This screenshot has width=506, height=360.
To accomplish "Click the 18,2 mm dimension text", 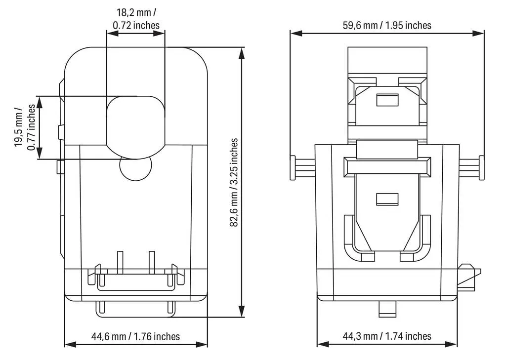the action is click(x=136, y=13).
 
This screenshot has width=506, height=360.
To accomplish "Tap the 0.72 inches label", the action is click(x=136, y=25).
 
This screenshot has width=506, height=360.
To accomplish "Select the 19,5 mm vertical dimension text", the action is click(x=18, y=127).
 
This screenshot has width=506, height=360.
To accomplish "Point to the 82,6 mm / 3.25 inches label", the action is click(x=234, y=183).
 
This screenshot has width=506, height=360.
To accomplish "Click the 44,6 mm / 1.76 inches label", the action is click(x=135, y=336).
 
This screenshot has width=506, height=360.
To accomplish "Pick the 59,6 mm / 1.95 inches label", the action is click(x=387, y=25).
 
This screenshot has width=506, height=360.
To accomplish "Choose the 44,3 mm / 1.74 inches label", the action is click(x=387, y=336).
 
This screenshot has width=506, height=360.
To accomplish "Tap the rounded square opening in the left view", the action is click(x=135, y=127).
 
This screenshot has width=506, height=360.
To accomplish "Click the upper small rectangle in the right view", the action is click(x=387, y=100).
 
